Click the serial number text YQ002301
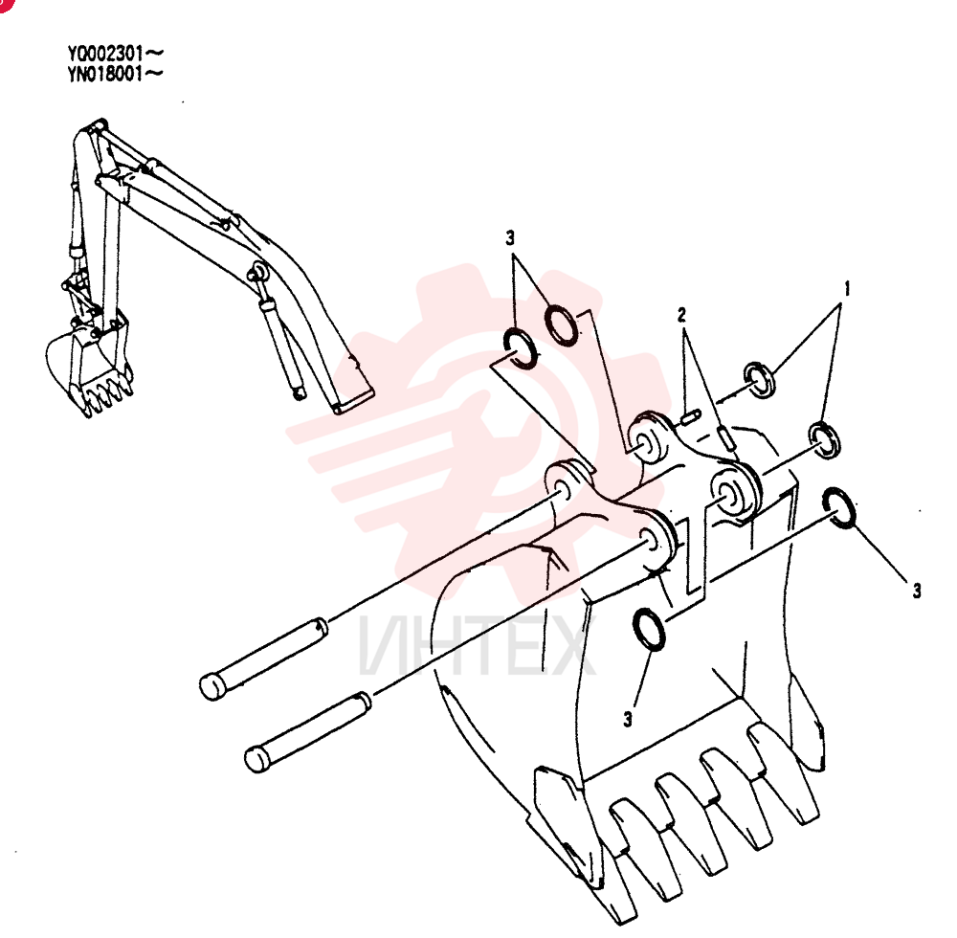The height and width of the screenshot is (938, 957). point(106,55)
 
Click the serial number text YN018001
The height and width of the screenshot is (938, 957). point(106,75)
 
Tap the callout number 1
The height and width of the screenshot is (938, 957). point(847,288)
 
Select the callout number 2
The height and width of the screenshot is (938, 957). point(681,315)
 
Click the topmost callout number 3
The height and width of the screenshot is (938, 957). point(510,237)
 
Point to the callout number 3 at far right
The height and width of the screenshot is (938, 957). point(917,591)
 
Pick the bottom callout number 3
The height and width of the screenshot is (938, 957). point(628,720)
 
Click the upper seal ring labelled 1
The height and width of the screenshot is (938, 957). point(759,380)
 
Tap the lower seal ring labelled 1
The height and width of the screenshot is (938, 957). point(825,439)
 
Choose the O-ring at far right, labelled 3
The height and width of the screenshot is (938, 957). point(839,507)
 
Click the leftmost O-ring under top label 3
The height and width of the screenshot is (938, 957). point(520,347)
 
